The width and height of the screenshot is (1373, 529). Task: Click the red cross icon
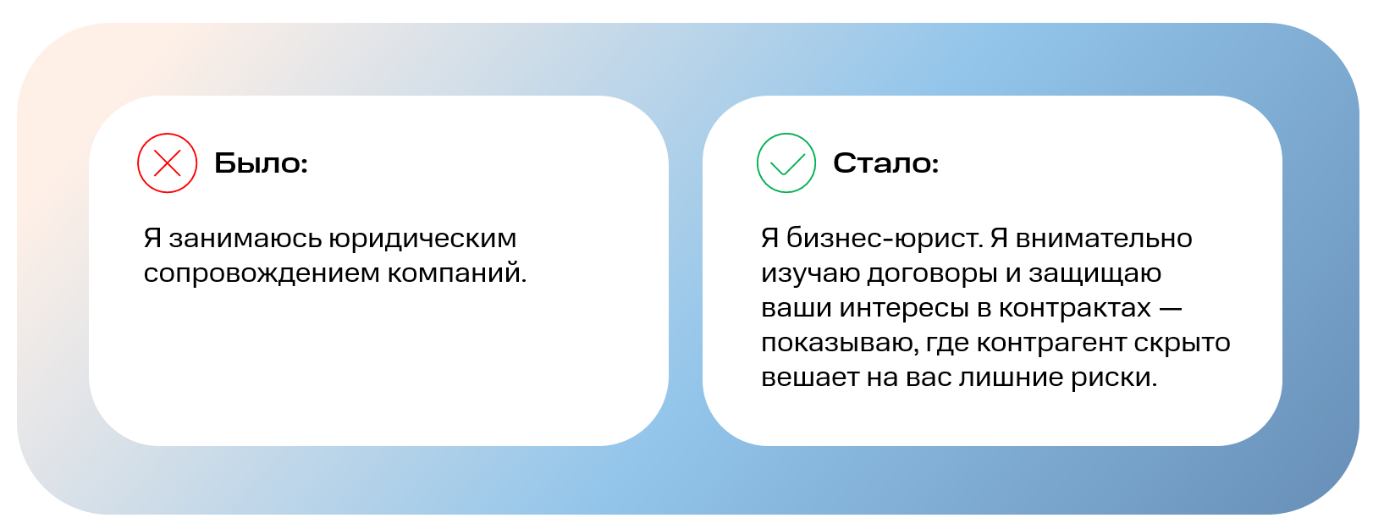click(x=168, y=163)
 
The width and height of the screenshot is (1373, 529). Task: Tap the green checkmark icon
click(x=786, y=163)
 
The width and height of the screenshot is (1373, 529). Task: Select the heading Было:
click(x=261, y=163)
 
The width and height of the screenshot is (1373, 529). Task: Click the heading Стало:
click(x=885, y=163)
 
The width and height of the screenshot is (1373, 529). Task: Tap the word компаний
click(x=457, y=274)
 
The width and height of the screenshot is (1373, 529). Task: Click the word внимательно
click(x=1104, y=240)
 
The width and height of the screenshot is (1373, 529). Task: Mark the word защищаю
click(x=1095, y=274)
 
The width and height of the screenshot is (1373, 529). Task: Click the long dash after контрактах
click(x=1171, y=309)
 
